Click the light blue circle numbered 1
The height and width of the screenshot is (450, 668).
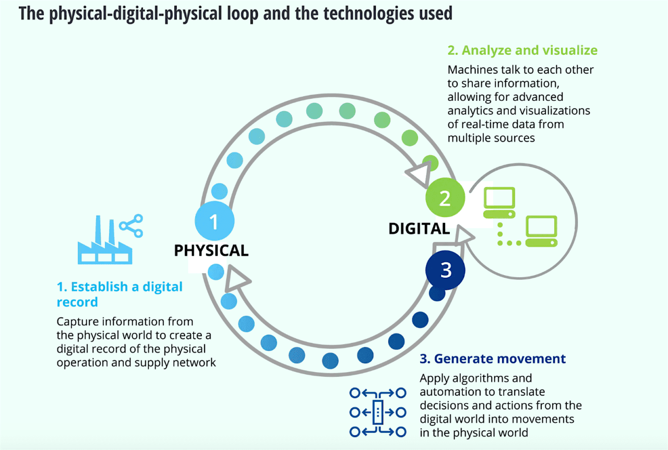tap(214, 221)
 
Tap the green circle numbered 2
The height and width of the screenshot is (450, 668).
tap(445, 197)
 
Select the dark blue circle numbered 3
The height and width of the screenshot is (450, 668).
tap(445, 270)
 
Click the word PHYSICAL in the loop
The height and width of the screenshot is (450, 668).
tap(211, 251)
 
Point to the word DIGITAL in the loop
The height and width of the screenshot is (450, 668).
tap(419, 229)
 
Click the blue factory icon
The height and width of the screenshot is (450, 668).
tap(105, 240)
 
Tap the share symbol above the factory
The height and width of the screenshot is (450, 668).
tap(131, 226)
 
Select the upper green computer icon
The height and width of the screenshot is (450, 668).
tap(499, 203)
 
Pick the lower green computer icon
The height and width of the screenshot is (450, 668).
tap(541, 231)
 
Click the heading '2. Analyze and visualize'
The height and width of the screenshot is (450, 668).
tap(522, 50)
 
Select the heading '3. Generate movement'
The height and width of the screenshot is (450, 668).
tap(493, 359)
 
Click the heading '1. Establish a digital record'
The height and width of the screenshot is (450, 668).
tap(120, 294)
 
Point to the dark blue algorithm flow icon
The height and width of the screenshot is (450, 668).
tap(378, 412)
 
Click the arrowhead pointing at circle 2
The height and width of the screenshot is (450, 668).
tap(420, 174)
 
